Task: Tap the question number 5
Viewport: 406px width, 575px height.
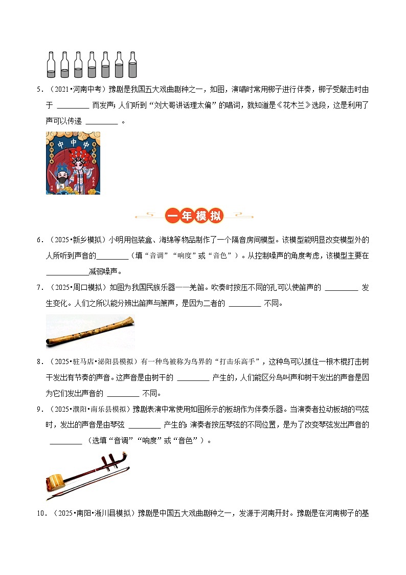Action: click(x=39, y=90)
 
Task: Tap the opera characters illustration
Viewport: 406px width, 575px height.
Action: click(x=73, y=163)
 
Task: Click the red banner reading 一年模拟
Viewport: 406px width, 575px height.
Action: click(x=195, y=216)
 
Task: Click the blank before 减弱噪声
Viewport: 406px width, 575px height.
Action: click(x=67, y=271)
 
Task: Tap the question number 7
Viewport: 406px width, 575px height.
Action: click(x=39, y=287)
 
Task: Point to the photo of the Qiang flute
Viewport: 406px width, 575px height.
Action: click(x=90, y=331)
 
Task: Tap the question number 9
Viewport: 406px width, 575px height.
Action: click(x=39, y=410)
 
